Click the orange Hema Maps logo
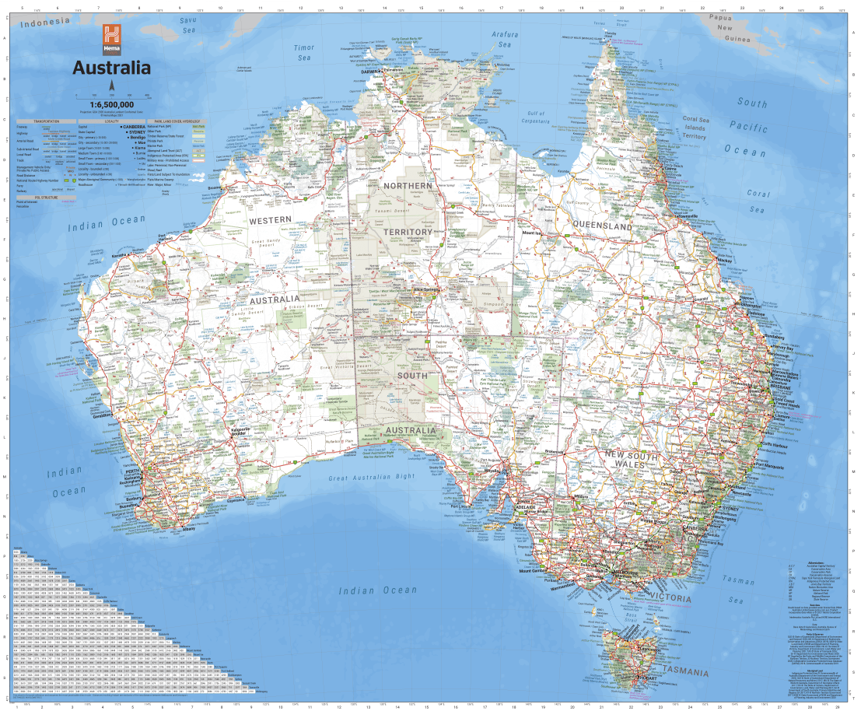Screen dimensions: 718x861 tap(112, 37)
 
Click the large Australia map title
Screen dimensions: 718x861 tap(111, 68)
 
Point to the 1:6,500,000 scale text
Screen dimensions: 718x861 tap(111, 104)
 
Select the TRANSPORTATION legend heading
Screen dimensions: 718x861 tap(44, 122)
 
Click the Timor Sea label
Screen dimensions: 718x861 tap(303, 53)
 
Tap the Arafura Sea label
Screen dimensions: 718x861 tap(505, 40)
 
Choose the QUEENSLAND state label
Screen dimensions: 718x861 tap(602, 226)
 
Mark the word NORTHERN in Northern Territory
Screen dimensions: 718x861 tap(406, 186)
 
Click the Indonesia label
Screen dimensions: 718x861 tap(44, 24)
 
